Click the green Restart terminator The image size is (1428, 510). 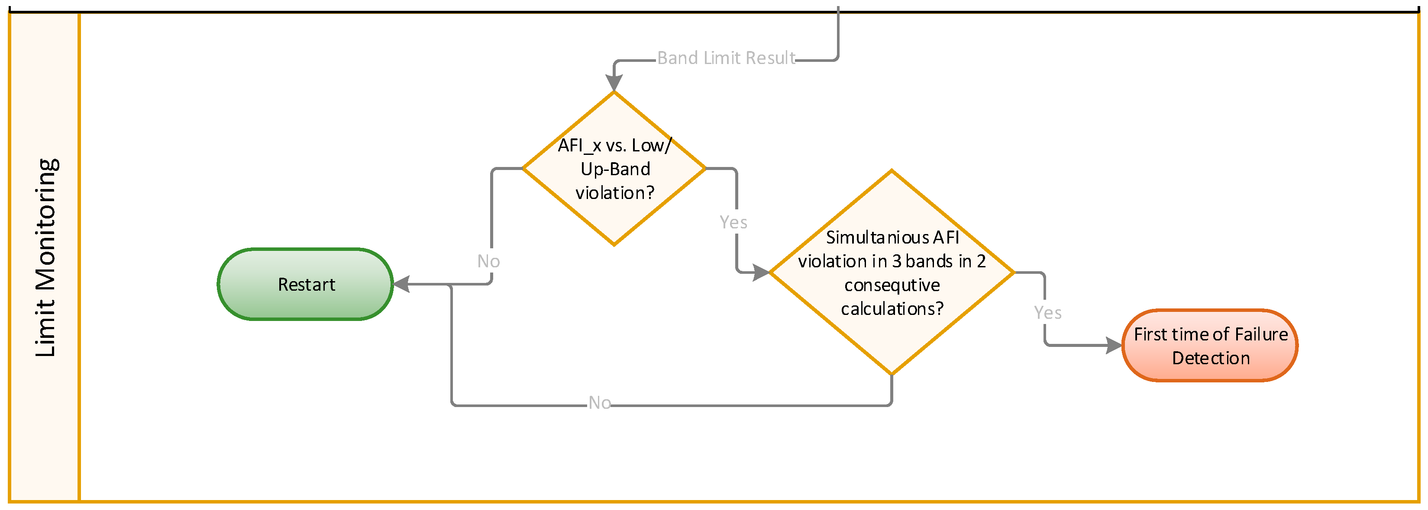click(x=305, y=284)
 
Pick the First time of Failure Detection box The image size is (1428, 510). click(x=1210, y=346)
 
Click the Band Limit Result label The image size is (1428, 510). click(x=726, y=58)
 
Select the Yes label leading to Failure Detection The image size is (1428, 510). click(x=1047, y=313)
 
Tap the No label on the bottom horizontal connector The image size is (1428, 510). click(x=599, y=403)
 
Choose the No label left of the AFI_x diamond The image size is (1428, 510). click(x=488, y=261)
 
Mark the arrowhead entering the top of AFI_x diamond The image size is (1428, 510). click(x=614, y=83)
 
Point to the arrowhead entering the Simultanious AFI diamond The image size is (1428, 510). click(x=761, y=273)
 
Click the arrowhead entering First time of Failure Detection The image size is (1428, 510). click(x=1113, y=346)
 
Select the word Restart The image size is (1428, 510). click(x=306, y=285)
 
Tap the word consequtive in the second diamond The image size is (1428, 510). click(x=892, y=285)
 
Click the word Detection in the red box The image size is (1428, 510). click(x=1210, y=358)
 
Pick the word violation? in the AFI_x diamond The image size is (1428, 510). click(x=614, y=192)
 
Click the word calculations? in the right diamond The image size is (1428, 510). click(x=892, y=308)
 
